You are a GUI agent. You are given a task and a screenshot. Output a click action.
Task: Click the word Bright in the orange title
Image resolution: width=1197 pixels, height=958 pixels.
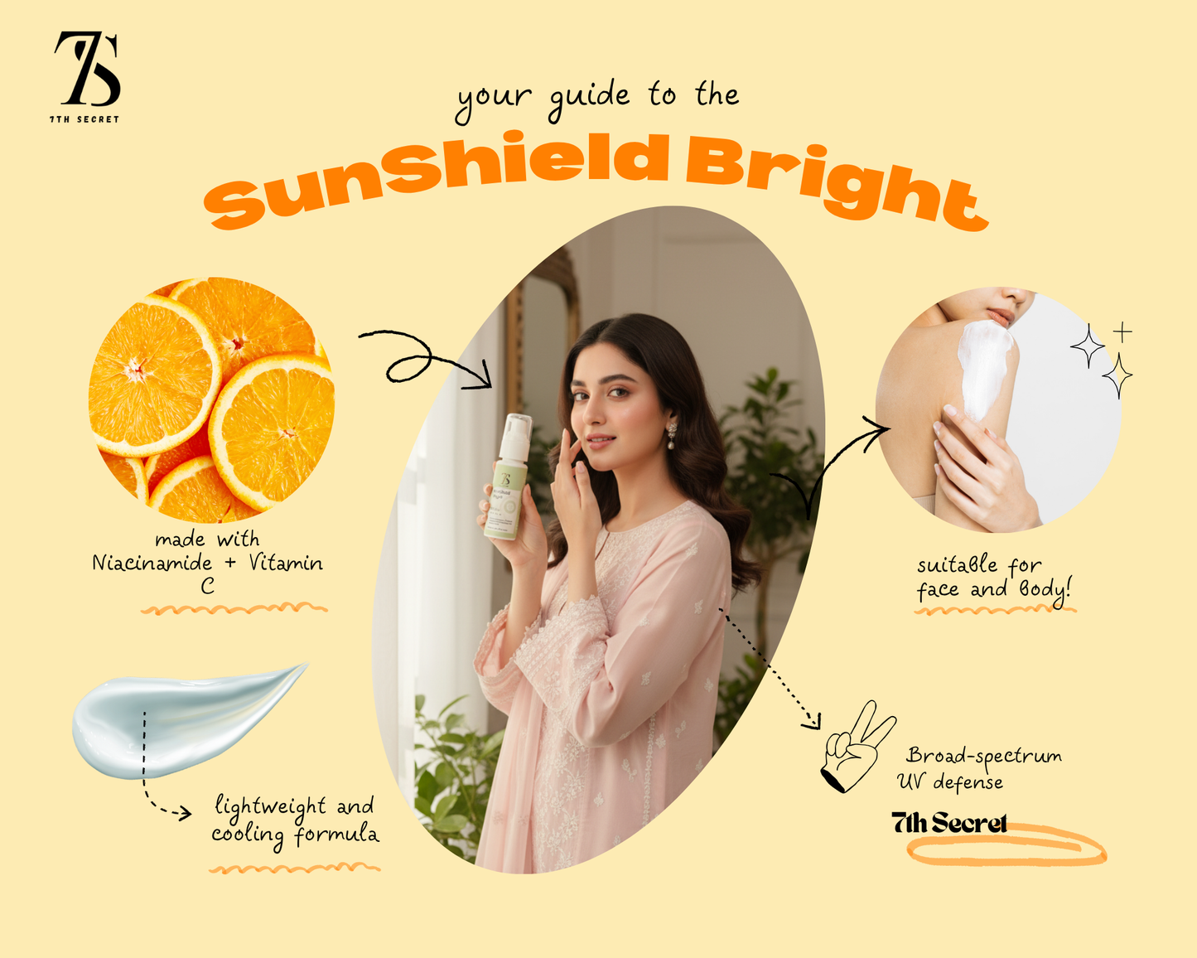tap(837, 186)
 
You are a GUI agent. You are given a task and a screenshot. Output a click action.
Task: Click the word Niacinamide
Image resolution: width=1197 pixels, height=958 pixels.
tap(152, 564)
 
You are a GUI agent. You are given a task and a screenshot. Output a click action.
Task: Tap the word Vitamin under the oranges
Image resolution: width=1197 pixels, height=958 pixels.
tap(286, 564)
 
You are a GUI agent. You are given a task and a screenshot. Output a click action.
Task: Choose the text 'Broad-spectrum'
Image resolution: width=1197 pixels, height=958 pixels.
tap(983, 756)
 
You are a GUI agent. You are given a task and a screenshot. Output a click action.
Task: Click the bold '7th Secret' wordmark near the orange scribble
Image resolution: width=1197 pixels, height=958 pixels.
tap(949, 823)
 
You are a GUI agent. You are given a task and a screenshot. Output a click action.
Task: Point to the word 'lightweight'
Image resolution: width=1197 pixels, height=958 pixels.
tap(271, 806)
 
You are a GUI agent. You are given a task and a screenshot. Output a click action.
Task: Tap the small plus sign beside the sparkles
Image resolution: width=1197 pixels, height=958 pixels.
tap(1122, 332)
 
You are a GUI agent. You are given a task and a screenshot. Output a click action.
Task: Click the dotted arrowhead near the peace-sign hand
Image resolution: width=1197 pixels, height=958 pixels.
tap(813, 722)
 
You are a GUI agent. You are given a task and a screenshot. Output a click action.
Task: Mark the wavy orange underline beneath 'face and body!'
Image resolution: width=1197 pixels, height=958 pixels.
tap(994, 611)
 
